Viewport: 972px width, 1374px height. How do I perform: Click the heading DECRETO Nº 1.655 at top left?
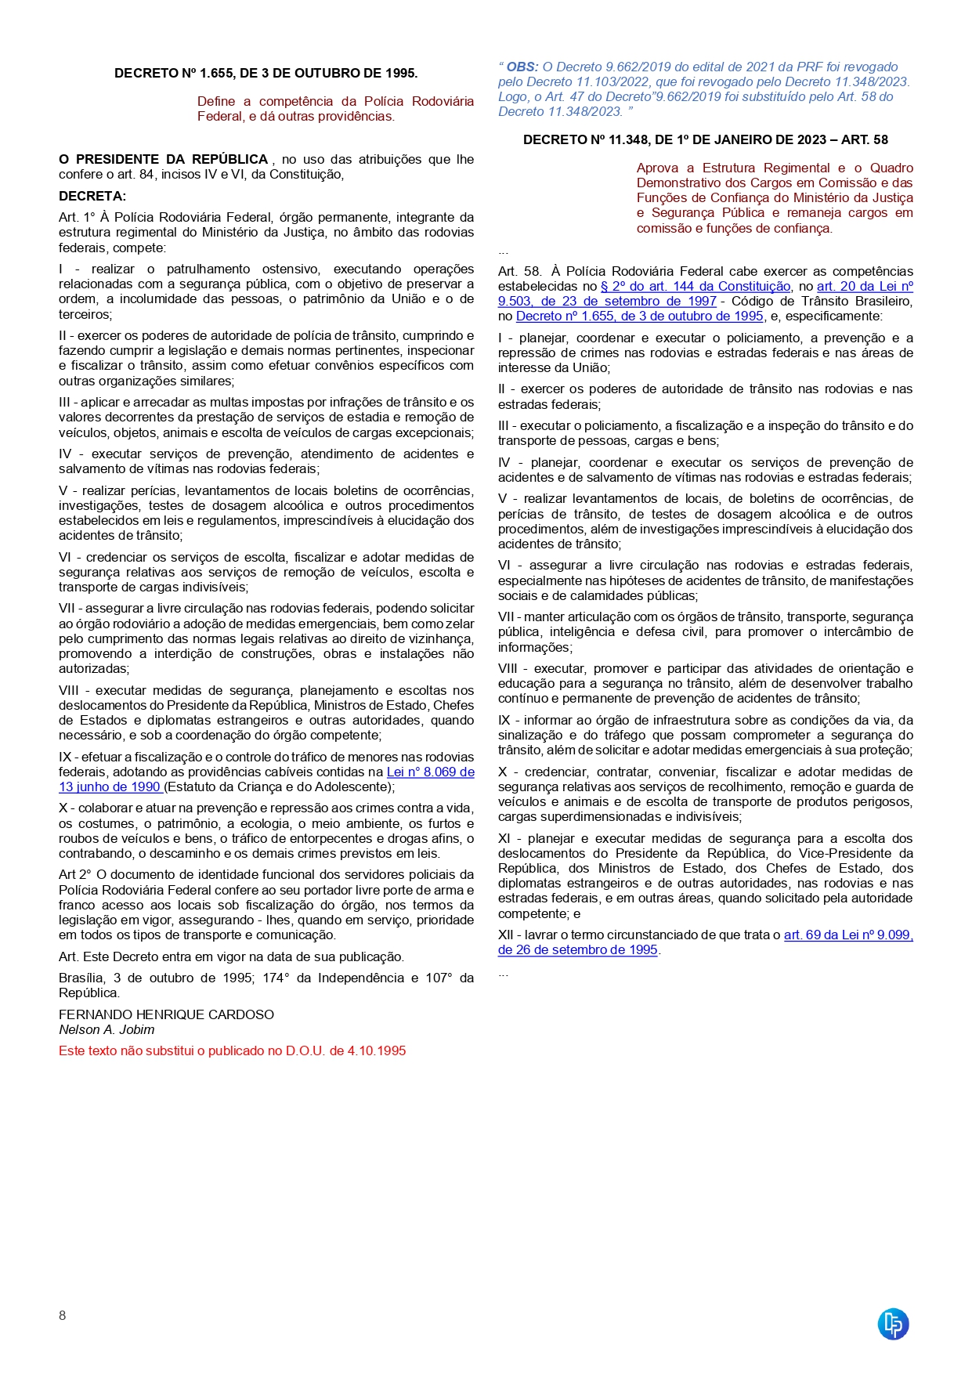point(266,73)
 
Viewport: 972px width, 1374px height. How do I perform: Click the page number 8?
point(63,1315)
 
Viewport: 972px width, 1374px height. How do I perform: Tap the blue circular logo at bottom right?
point(893,1324)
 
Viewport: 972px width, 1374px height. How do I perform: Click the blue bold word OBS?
point(522,67)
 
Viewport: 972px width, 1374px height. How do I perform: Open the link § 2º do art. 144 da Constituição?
point(695,287)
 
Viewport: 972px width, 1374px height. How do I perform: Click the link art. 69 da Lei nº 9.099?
point(847,935)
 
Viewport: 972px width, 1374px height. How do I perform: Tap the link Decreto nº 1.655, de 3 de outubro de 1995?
point(639,316)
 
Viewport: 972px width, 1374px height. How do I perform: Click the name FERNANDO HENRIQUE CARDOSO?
point(166,1015)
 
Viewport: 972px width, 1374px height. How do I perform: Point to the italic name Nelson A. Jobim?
point(107,1030)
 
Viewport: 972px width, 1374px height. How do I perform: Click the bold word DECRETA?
point(92,196)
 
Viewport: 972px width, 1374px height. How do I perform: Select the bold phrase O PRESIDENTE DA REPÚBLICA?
point(164,160)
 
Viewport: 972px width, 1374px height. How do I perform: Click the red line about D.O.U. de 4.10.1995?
point(232,1051)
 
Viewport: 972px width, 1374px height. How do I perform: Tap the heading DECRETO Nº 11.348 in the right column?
point(705,139)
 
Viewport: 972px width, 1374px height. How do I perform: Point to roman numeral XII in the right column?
point(506,935)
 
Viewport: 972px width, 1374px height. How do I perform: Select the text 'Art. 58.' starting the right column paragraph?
point(519,272)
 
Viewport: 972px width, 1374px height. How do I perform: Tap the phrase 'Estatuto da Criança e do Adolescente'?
point(278,787)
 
